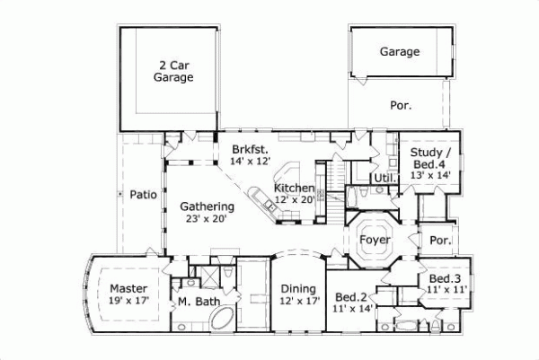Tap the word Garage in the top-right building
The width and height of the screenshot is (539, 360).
[x=399, y=52]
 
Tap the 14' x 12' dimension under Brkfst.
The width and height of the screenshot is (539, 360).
[x=250, y=162]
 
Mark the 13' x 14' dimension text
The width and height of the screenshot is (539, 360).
[x=429, y=177]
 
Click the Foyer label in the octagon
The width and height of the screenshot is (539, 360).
[x=374, y=241]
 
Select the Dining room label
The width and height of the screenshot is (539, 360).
[x=297, y=288]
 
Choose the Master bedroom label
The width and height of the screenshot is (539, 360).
[x=128, y=288]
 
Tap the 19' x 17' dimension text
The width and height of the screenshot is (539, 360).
[x=128, y=303]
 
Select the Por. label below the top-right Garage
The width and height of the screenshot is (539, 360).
[x=401, y=105]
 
